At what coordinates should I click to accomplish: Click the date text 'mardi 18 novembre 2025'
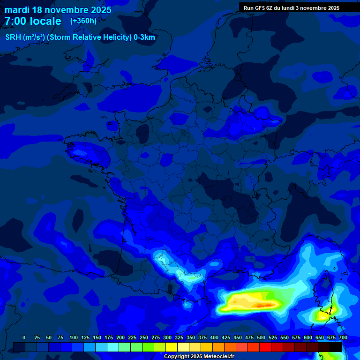pos(58,10)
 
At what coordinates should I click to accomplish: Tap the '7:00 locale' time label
pos(33,21)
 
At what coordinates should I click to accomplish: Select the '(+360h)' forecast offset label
pos(83,21)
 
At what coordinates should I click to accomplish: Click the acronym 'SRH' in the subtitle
pos(14,37)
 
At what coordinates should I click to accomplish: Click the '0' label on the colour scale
pos(24,337)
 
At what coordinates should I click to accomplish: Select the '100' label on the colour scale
pos(73,337)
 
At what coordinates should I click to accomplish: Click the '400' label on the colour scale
pos(214,337)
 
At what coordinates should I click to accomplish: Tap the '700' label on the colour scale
pos(343,337)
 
